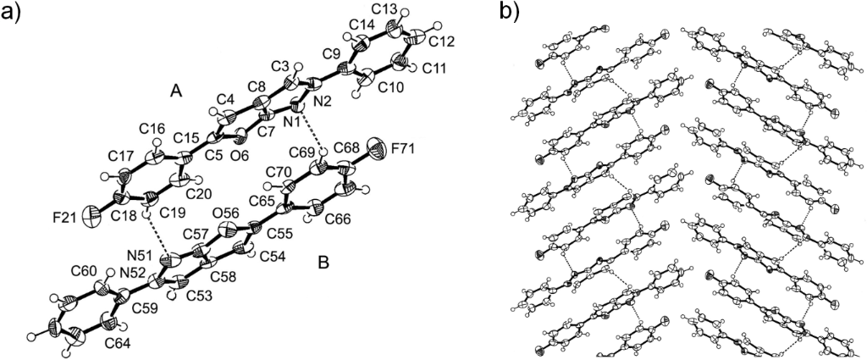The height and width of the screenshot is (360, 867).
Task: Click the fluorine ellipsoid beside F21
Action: click(x=91, y=219)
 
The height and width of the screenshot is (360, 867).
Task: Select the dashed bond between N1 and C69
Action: click(x=312, y=135)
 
